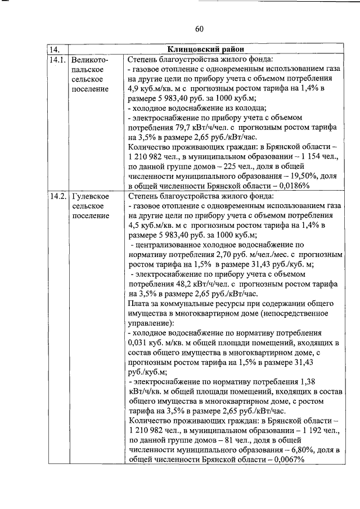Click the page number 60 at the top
click(199, 29)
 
